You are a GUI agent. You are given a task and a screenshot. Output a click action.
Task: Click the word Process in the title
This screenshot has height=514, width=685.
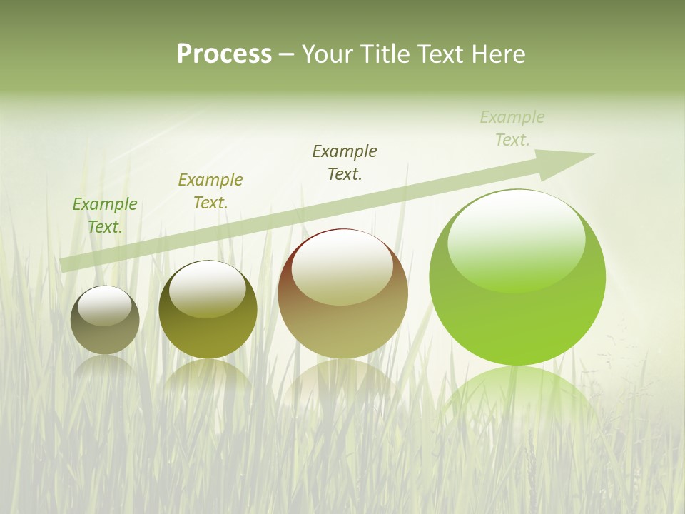(224, 54)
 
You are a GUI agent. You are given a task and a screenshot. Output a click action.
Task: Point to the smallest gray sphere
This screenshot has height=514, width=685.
(105, 336)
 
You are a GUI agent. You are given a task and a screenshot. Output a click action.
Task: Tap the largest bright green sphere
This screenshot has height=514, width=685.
(517, 321)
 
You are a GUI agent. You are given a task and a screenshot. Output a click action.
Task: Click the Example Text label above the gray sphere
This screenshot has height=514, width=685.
(105, 216)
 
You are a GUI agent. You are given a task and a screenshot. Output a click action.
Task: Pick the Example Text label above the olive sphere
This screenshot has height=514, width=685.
(210, 191)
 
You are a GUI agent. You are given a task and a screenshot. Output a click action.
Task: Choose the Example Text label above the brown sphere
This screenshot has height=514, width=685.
(345, 162)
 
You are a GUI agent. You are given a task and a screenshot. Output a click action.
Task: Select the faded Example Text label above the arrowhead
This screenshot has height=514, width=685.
(512, 128)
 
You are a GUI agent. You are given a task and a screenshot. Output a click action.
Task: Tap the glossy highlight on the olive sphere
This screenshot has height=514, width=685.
(207, 289)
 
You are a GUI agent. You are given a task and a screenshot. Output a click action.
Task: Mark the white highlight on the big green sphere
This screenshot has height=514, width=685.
(517, 239)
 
